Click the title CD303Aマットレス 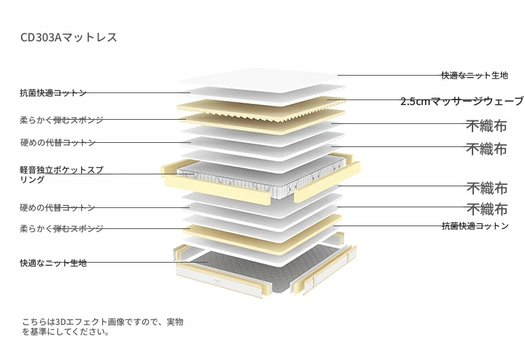tap(69, 37)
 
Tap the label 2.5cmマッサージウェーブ tap(462, 101)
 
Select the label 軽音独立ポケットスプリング tap(62, 174)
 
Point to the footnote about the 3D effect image tap(103, 327)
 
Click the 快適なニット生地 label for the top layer tap(475, 76)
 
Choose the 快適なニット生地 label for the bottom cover tap(54, 263)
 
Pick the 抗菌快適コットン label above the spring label tap(53, 92)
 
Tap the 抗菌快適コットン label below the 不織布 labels tap(475, 226)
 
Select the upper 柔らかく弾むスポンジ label tap(62, 120)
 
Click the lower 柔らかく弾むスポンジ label tap(62, 229)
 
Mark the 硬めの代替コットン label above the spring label tap(57, 143)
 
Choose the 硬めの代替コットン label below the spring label tap(57, 207)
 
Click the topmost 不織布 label tap(486, 126)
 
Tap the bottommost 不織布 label tap(487, 209)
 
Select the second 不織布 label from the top tap(486, 148)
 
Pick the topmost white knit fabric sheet tap(261, 81)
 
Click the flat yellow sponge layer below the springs tap(262, 233)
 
